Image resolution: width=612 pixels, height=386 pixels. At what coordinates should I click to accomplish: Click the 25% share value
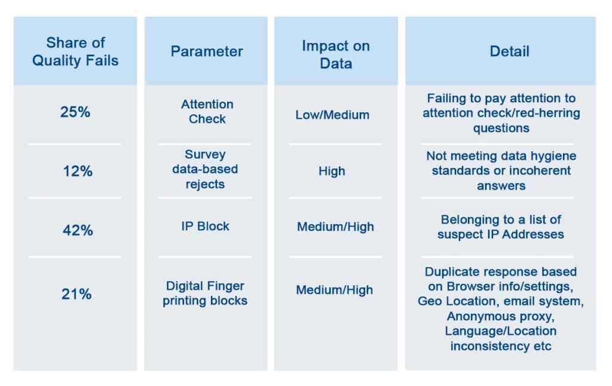point(75,112)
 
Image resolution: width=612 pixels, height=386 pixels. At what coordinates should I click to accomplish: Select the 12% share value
point(78,171)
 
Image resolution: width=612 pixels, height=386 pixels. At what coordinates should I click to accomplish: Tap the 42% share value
point(78,230)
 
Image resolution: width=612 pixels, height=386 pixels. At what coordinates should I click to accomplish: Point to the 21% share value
point(76,294)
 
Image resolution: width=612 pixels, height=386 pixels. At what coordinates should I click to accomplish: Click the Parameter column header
point(207,51)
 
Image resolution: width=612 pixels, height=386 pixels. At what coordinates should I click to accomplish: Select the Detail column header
point(509,51)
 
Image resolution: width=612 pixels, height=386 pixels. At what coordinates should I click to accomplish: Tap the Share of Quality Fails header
point(75,51)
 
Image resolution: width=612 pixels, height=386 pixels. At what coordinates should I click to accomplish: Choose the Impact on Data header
point(336,54)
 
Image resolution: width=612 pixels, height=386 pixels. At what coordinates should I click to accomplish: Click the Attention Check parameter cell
point(207,112)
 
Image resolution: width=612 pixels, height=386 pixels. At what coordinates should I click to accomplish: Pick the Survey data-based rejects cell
point(206,169)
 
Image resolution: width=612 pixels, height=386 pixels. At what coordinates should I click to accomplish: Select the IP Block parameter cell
point(206,226)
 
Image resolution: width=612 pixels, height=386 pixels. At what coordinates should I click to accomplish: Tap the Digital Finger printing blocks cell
point(206,293)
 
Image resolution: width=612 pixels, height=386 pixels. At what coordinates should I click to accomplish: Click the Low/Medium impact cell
point(332,115)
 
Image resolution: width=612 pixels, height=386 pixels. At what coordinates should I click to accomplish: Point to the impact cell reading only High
point(332,171)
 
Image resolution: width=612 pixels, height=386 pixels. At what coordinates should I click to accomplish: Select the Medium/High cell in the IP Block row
point(336,227)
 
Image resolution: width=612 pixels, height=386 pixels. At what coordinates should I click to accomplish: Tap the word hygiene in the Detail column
point(554,156)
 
